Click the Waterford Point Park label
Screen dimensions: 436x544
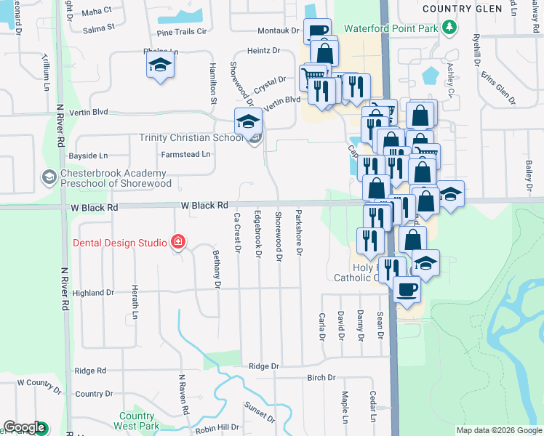pos(385,28)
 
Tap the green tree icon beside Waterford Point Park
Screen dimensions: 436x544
pos(451,28)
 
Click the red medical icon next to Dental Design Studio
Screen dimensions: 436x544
pos(177,242)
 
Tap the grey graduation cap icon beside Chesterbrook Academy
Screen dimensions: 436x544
pos(49,177)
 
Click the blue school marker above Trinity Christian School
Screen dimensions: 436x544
pos(248,121)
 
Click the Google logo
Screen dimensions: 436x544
pos(24,428)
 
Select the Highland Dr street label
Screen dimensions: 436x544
pos(94,293)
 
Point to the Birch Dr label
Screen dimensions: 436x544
pos(321,378)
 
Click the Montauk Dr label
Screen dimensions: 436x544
pos(279,31)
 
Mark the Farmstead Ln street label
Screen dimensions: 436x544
pos(185,154)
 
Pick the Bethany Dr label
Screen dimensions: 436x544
pos(217,269)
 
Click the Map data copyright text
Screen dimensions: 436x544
pos(499,430)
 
